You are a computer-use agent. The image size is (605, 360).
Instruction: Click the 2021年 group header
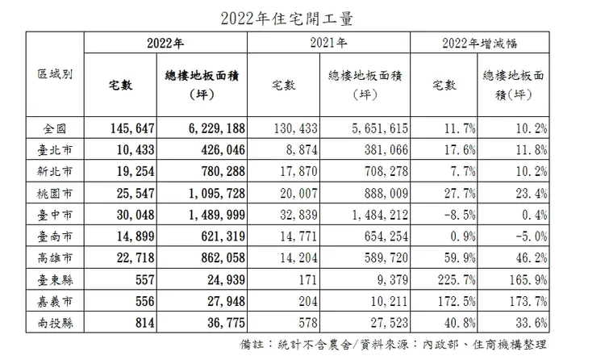pyautogui.click(x=331, y=44)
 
